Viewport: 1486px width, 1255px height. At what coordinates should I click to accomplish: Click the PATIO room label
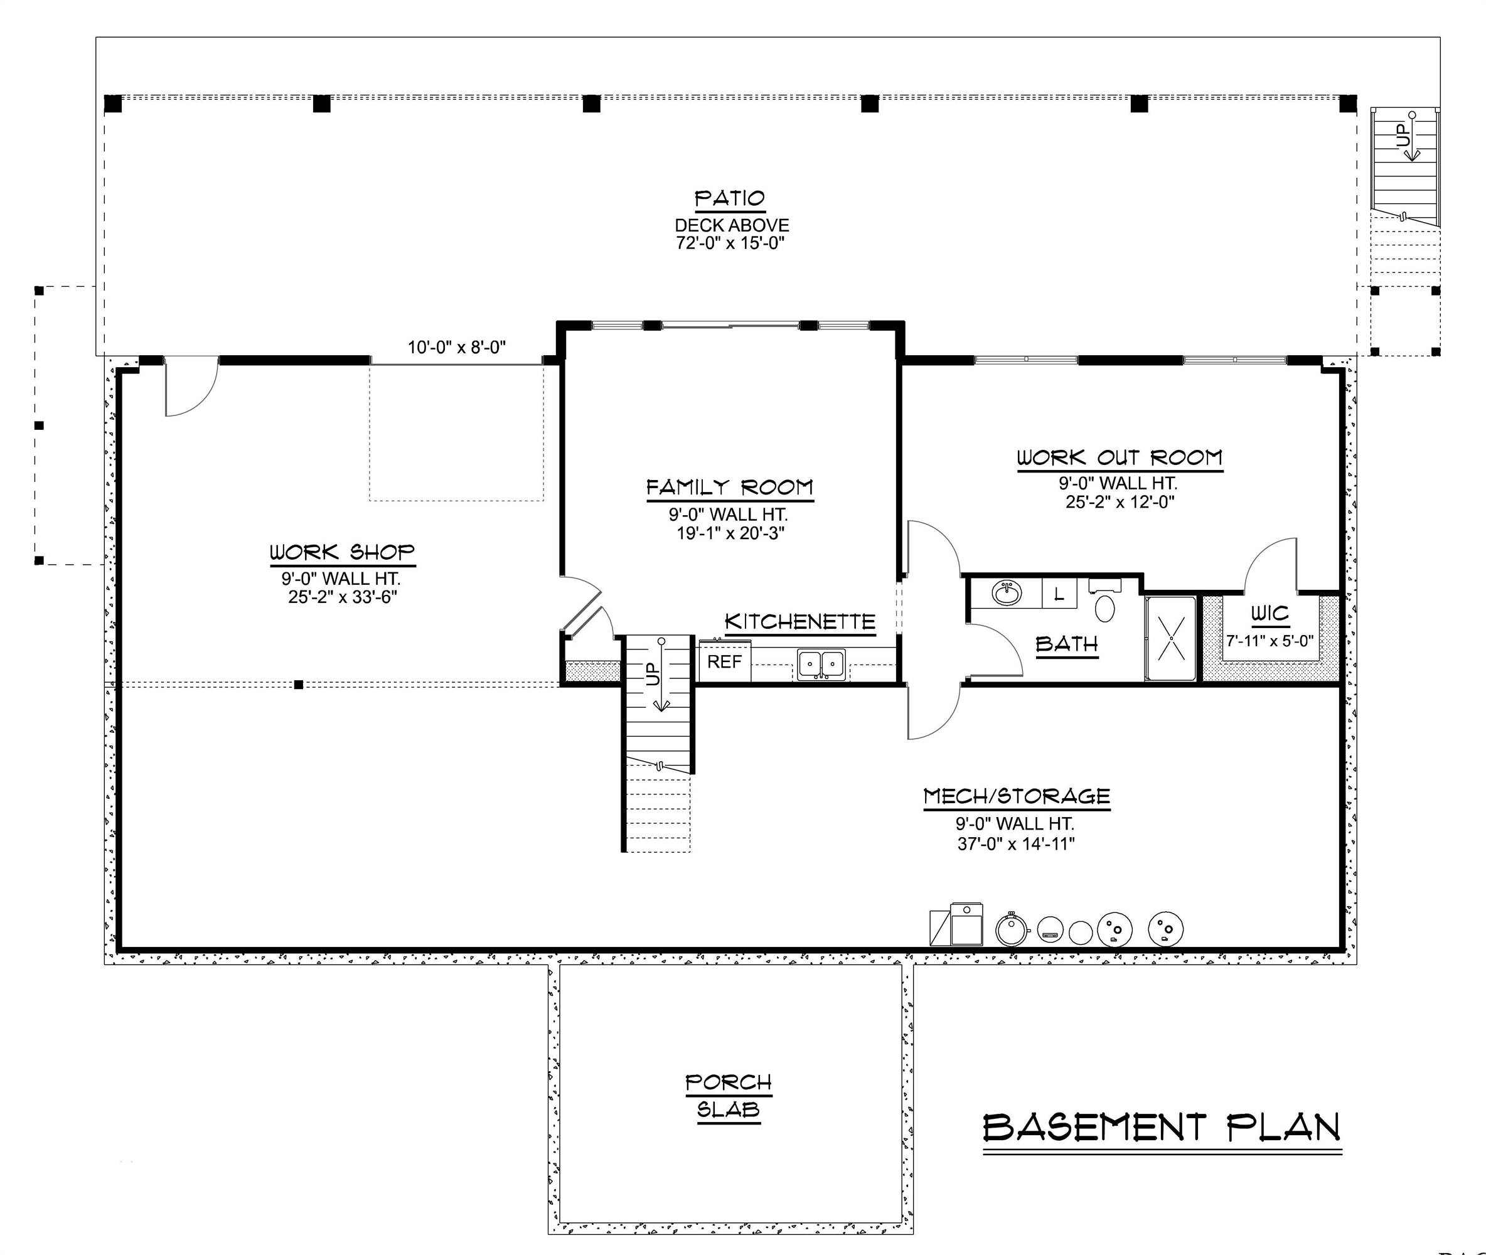(x=730, y=198)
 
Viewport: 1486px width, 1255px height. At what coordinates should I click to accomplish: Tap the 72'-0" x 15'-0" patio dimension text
(x=730, y=243)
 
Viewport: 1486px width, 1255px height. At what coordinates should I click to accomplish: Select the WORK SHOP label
(x=341, y=552)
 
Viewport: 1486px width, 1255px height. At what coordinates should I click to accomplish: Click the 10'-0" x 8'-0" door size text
(x=456, y=348)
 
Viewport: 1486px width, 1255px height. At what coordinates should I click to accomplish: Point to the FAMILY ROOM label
(x=730, y=488)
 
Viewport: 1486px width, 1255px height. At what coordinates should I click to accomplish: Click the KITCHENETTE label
(x=799, y=622)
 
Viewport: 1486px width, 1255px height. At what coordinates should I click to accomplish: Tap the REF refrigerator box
(x=724, y=661)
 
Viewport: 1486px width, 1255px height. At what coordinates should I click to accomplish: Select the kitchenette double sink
(x=821, y=663)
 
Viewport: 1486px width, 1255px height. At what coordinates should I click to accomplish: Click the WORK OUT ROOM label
(x=1119, y=457)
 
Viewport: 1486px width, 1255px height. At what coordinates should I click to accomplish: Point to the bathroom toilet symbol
(x=1104, y=608)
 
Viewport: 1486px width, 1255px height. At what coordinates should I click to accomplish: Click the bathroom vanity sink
(x=1006, y=592)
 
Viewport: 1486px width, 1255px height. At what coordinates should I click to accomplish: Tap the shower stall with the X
(x=1170, y=638)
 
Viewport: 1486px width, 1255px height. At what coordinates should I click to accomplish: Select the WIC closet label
(x=1270, y=613)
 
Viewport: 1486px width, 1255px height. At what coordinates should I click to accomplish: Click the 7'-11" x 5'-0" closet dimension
(x=1270, y=640)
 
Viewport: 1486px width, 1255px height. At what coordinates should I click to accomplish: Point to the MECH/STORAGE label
(x=1017, y=796)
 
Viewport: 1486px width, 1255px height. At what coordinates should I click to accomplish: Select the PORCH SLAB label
(x=729, y=1096)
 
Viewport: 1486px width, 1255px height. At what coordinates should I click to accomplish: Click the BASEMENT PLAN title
(x=1162, y=1128)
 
